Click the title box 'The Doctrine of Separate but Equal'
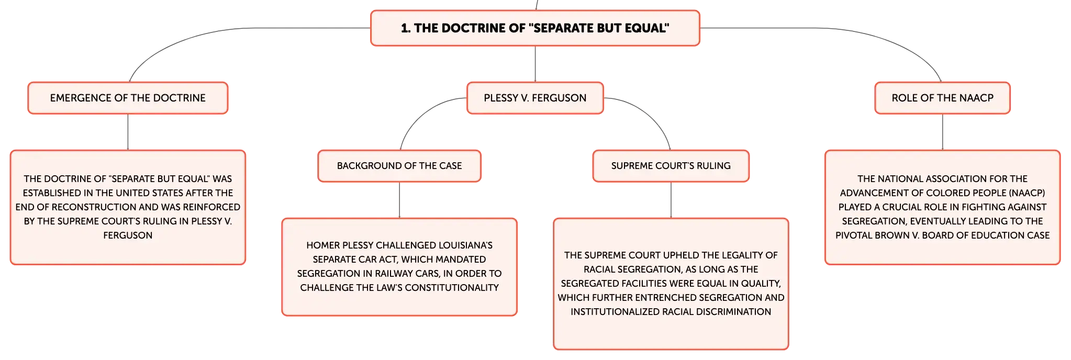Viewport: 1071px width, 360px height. tap(535, 28)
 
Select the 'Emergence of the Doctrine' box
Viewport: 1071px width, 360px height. tap(128, 98)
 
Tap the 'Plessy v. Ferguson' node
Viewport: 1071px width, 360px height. tap(535, 98)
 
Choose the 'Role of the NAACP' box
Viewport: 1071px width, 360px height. tap(942, 98)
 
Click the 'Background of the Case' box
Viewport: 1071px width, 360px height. tap(399, 166)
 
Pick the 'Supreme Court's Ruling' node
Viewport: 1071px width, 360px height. tap(671, 166)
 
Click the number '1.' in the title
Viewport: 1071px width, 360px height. tap(406, 28)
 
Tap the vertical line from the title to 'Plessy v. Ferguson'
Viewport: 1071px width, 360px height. tap(535, 64)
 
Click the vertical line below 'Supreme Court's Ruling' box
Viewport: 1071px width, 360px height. tap(671, 200)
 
